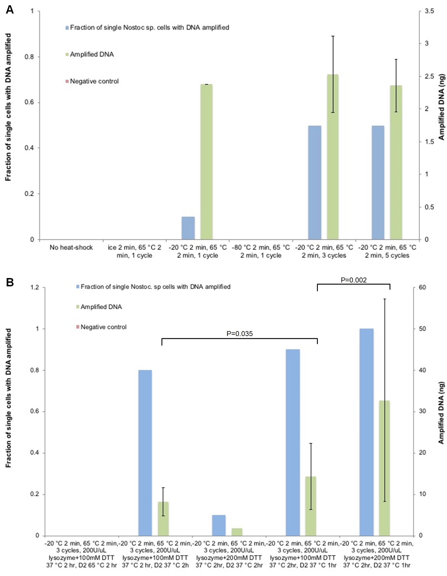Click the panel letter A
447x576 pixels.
click(x=10, y=10)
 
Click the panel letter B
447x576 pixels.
click(x=10, y=283)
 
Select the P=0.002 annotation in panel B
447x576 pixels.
click(x=354, y=280)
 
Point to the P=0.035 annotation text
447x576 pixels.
click(x=240, y=334)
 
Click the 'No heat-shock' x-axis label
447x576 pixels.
click(x=71, y=247)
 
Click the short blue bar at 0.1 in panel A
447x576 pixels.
click(x=188, y=228)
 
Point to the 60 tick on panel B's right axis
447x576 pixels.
click(x=422, y=287)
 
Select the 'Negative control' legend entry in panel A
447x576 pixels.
click(x=94, y=81)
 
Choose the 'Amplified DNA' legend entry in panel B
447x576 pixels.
click(x=101, y=307)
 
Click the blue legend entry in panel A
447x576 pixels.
click(x=149, y=27)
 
